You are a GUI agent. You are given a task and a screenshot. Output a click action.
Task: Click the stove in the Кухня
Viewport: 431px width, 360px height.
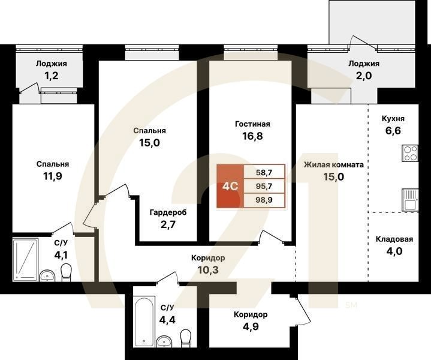[x=411, y=154]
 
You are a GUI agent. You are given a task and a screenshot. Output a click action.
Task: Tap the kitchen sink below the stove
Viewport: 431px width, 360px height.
[x=411, y=200]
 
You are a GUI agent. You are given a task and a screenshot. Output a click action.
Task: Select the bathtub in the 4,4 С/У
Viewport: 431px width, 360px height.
[x=144, y=321]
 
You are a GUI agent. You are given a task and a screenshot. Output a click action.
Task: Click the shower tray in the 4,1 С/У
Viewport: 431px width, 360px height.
[x=25, y=260]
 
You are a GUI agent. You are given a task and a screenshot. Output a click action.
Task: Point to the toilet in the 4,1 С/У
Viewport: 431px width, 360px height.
[x=66, y=272]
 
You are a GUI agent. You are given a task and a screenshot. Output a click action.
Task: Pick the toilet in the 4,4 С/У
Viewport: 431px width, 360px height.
[x=186, y=338]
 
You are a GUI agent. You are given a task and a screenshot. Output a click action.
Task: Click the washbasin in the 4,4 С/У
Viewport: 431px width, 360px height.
[x=164, y=341]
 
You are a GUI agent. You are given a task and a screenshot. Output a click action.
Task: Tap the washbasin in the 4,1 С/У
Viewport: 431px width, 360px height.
[x=47, y=276]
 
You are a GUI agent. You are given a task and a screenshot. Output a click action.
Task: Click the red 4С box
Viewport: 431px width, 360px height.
[x=230, y=187]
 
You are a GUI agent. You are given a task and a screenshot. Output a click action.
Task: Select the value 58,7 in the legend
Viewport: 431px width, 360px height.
[x=264, y=173]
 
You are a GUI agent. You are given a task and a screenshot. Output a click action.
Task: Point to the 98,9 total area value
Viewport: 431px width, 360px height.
[x=264, y=200]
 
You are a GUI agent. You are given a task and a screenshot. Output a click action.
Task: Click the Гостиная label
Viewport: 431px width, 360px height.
[x=252, y=124]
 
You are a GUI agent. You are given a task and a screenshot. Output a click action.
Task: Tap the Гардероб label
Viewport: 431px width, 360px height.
[x=168, y=212]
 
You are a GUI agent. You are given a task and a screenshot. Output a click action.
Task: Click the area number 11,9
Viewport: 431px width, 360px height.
[x=53, y=176]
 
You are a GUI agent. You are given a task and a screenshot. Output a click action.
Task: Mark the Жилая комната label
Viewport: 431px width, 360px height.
[x=334, y=165]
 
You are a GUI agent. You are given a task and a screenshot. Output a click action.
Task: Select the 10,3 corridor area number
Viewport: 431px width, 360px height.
[x=208, y=270]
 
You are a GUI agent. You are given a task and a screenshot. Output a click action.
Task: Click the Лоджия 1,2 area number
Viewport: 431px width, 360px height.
[x=52, y=76]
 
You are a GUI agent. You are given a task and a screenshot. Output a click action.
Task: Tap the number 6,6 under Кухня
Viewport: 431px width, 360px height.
[x=393, y=131]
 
